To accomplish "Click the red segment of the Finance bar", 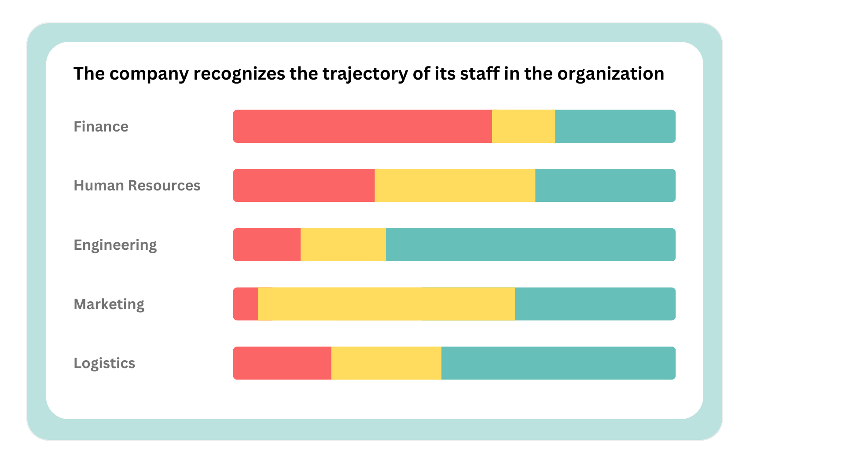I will pos(362,126).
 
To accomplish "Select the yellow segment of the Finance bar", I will pos(523,126).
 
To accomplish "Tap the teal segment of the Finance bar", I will pos(615,126).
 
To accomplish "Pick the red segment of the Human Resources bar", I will pos(304,186).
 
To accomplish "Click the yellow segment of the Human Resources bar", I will pos(455,186).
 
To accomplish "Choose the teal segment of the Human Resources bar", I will pos(605,186).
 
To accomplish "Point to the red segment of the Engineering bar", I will pos(267,245).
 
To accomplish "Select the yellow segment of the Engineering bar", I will pos(343,245).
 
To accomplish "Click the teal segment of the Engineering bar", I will pos(530,245).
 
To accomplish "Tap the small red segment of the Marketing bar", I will pos(246,304).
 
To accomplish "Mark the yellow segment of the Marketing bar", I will pos(386,304).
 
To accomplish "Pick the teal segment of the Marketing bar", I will pos(595,304).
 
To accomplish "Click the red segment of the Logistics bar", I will pos(282,363).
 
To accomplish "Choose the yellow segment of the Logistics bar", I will pos(386,363).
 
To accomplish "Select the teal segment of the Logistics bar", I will pos(558,363).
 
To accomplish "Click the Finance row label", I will pos(101,127).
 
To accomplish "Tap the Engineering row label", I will pos(115,245).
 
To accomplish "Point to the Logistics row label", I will pos(104,363).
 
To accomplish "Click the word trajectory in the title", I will pos(365,74).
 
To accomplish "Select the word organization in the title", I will pos(610,74).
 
